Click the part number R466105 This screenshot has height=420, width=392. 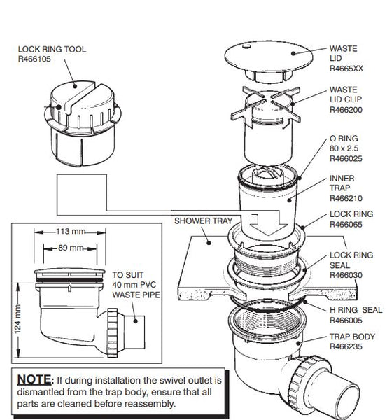[34, 59]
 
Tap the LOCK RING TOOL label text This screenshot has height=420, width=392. [52, 49]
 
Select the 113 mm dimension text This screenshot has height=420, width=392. [71, 231]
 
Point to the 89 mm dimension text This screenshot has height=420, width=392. [71, 248]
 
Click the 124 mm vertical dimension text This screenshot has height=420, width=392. [17, 319]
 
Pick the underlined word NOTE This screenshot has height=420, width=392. [34, 379]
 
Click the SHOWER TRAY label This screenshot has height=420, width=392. [203, 221]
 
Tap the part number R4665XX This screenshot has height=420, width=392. [346, 69]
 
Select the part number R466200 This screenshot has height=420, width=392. [346, 110]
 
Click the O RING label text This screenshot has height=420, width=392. [344, 139]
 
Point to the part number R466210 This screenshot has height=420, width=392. [346, 198]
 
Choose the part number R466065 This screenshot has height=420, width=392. [346, 224]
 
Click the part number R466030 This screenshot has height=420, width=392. [346, 275]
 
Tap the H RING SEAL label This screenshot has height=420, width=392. [356, 310]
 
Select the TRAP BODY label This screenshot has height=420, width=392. [352, 337]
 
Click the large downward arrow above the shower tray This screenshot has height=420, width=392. [269, 223]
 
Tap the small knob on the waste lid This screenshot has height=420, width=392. [246, 47]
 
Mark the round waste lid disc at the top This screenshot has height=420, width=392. [269, 57]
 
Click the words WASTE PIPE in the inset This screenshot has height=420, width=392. [136, 295]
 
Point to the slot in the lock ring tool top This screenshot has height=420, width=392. [81, 96]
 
